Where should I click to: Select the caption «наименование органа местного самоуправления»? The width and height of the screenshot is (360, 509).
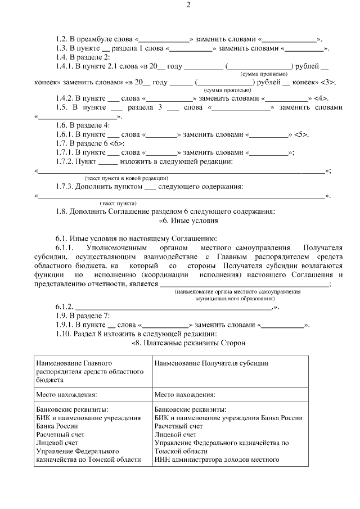pyautogui.click(x=237, y=292)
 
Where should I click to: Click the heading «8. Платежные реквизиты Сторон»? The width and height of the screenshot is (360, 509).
pyautogui.click(x=188, y=343)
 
